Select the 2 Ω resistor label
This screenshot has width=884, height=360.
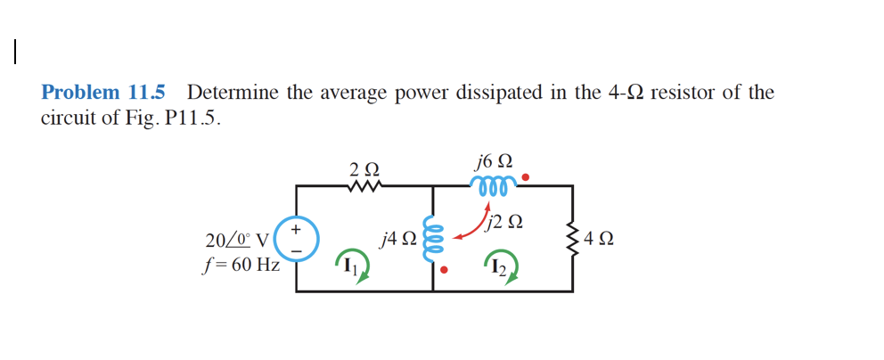(364, 168)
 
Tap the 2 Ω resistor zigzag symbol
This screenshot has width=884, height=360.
(364, 186)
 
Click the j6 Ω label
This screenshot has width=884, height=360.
(495, 161)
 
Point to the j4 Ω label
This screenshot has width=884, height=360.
(397, 238)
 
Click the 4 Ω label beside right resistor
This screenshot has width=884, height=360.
(600, 239)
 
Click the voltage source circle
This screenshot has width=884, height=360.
(297, 239)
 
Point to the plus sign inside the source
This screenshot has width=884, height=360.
(297, 227)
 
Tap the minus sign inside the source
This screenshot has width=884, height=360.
(297, 251)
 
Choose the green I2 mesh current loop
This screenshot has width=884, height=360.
(500, 266)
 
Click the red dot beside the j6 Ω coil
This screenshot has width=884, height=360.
(526, 178)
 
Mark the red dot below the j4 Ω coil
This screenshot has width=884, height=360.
(445, 268)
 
